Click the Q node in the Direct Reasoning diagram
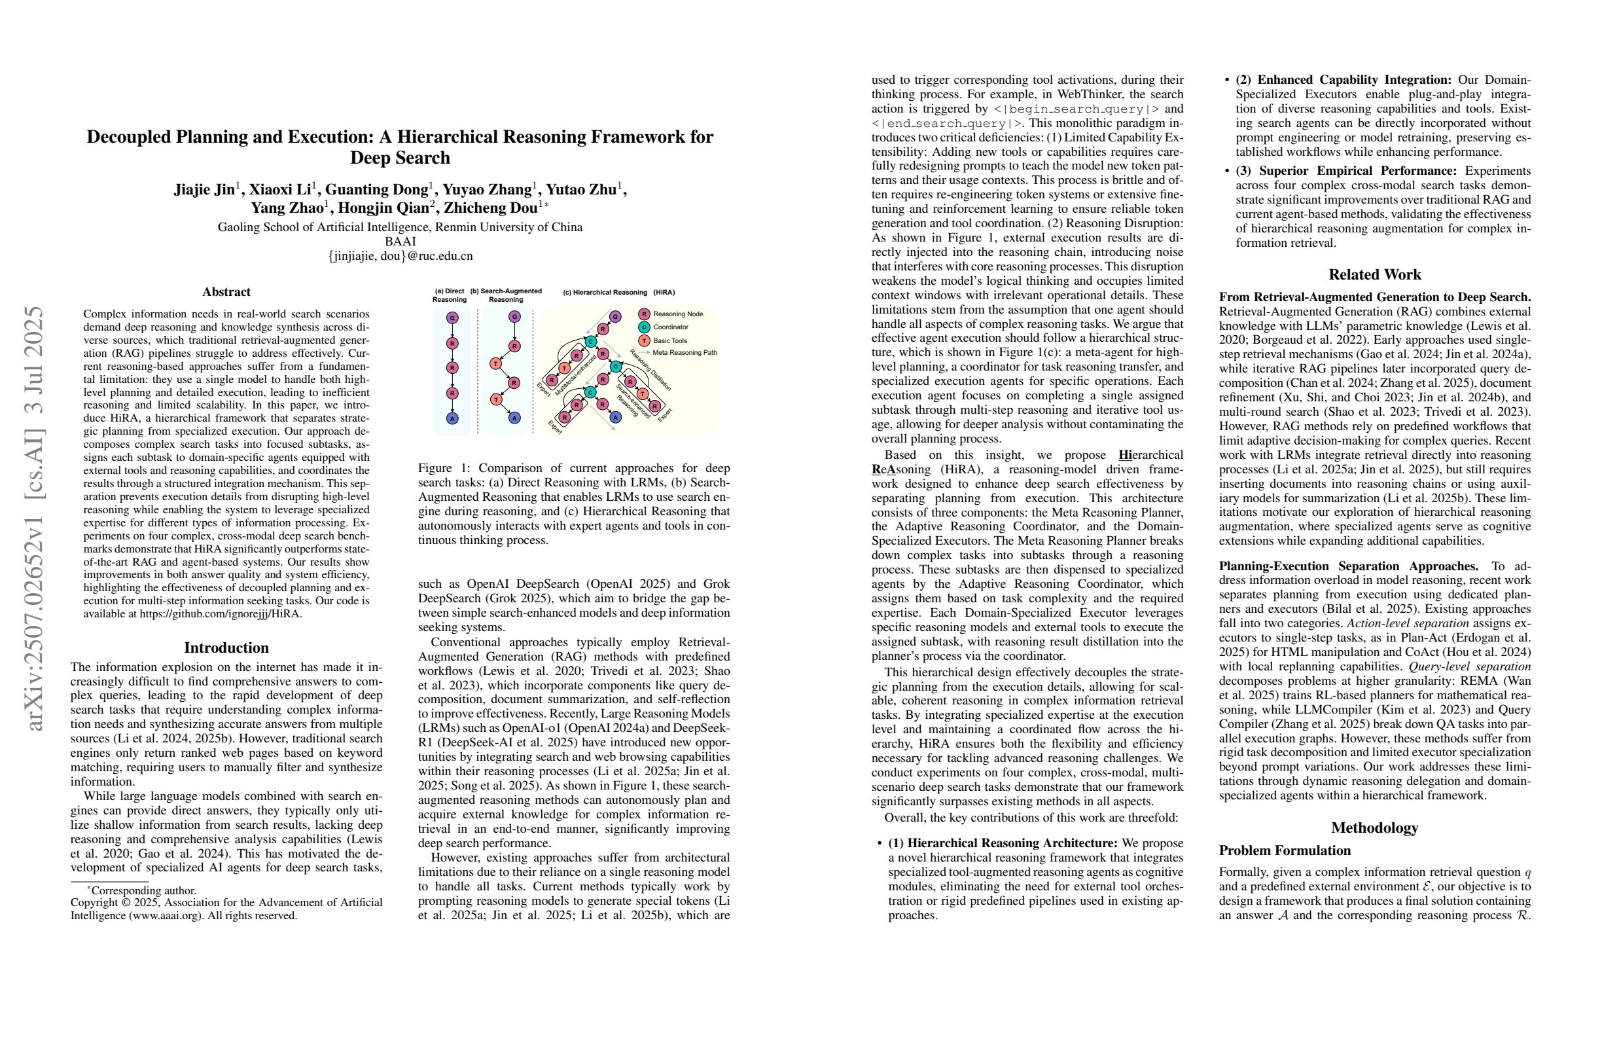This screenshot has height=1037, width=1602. (452, 317)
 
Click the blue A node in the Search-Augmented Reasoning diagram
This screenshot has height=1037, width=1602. (514, 418)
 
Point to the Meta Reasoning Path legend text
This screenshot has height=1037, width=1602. (685, 352)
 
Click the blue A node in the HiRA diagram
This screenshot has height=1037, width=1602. (615, 418)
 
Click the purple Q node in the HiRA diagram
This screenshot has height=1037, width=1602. (615, 316)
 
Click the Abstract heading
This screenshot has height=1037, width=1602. (226, 292)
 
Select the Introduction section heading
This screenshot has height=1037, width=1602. (226, 647)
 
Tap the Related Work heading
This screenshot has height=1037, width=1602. (1374, 275)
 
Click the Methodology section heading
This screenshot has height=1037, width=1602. (1374, 828)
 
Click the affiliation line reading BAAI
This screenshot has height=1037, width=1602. (400, 242)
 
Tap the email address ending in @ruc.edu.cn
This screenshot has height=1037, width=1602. (400, 256)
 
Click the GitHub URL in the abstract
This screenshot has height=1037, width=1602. (221, 613)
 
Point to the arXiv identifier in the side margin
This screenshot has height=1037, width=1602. (35, 518)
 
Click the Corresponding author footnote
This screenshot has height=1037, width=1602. (143, 890)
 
